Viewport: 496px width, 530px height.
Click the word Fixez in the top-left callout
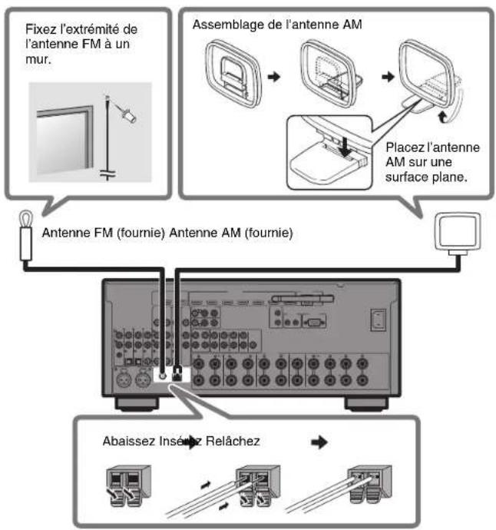coord(40,28)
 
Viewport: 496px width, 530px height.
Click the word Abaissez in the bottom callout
coord(124,442)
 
